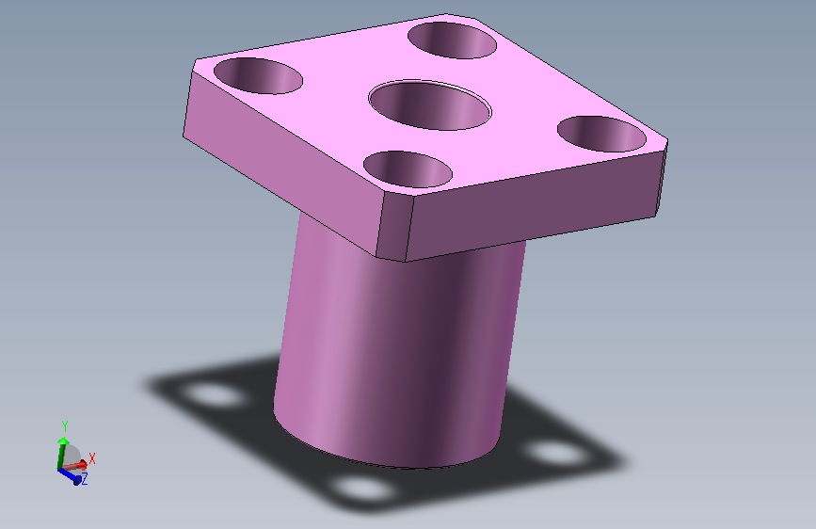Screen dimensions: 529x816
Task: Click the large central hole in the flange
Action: pyautogui.click(x=430, y=104)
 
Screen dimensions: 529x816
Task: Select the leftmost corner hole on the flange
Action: pyautogui.click(x=258, y=75)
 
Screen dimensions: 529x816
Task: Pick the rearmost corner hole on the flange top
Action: pyautogui.click(x=453, y=39)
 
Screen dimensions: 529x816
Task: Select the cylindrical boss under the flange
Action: pyautogui.click(x=395, y=348)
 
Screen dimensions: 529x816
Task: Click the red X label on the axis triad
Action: pyautogui.click(x=92, y=458)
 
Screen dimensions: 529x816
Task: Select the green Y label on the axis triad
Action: pyautogui.click(x=64, y=425)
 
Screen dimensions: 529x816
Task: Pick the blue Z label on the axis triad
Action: pyautogui.click(x=84, y=480)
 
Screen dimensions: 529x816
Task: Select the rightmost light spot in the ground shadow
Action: pyautogui.click(x=559, y=452)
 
